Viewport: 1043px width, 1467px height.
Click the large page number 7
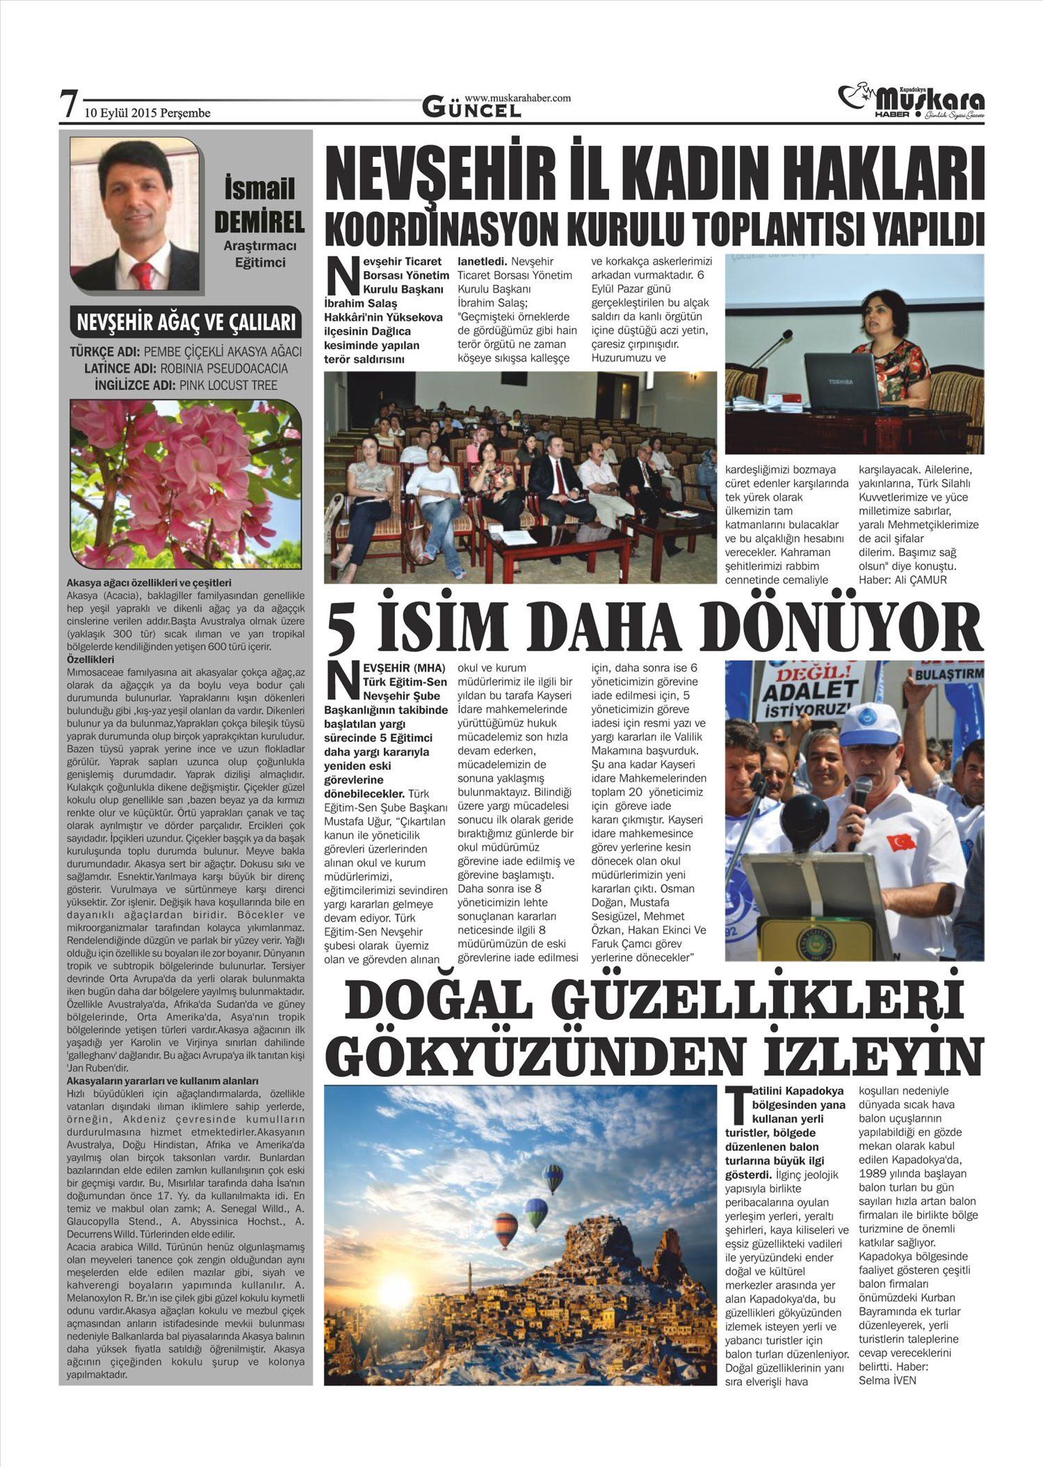coord(68,105)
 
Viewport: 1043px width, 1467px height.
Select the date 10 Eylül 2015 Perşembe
coord(147,113)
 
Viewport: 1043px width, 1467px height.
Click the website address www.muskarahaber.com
coord(517,98)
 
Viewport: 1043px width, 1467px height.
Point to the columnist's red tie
coord(142,275)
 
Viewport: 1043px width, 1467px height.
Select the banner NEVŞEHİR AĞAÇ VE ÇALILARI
coord(186,323)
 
